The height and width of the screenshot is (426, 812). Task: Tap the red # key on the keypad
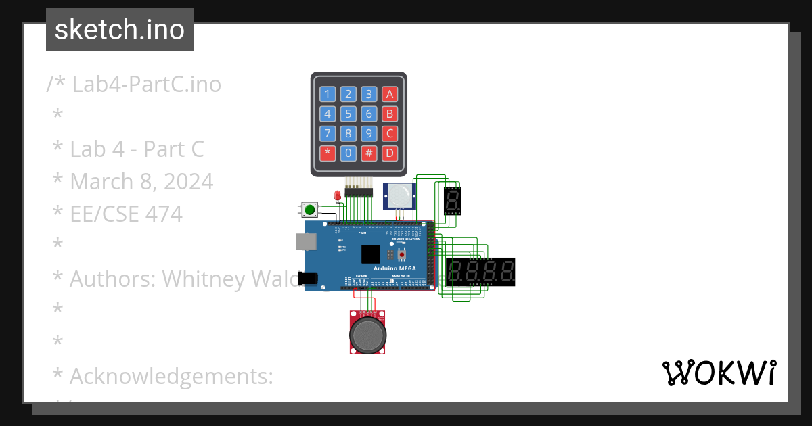point(369,153)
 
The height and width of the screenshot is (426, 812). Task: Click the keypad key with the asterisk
point(328,153)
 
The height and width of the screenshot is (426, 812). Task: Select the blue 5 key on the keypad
point(348,114)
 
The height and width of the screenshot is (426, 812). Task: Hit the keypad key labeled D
point(389,153)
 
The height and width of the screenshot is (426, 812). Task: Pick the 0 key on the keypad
point(348,153)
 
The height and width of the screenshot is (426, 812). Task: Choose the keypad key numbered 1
point(328,94)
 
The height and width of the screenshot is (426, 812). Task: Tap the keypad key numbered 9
point(369,133)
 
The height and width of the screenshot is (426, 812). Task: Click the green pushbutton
point(310,209)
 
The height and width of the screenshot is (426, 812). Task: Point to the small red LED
point(338,196)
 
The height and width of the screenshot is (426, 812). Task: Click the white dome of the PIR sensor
point(400,196)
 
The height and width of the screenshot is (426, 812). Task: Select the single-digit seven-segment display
point(452,200)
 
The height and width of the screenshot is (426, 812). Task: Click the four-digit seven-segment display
point(480,272)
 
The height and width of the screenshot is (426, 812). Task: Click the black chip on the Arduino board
point(371,254)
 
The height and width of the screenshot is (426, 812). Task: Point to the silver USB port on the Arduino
point(303,242)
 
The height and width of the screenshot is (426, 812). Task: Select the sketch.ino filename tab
point(120,30)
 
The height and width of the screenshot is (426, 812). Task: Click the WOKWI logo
point(719,373)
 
